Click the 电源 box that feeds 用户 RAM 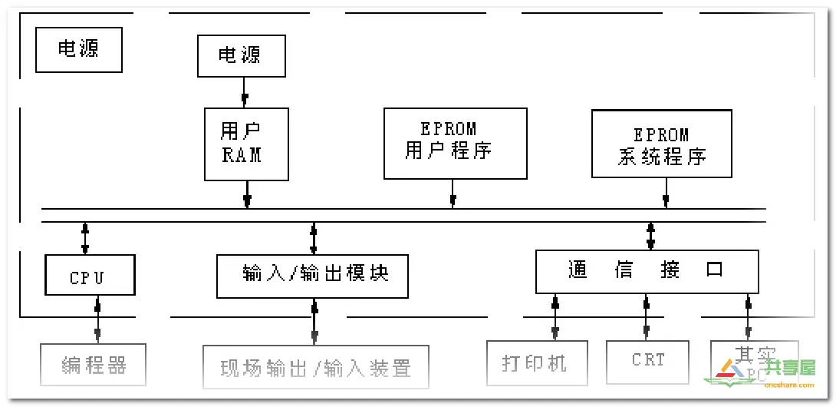(x=241, y=55)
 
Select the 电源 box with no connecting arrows (x=79, y=49)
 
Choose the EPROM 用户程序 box (x=455, y=143)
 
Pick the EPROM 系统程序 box (x=662, y=143)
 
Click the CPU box (x=90, y=275)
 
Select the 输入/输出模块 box (x=312, y=276)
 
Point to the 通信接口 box (x=647, y=271)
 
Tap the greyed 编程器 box (x=93, y=365)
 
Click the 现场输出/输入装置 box (x=315, y=367)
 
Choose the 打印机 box (x=537, y=362)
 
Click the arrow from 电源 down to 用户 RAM (x=245, y=92)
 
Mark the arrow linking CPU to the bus (x=85, y=238)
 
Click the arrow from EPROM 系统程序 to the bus (x=665, y=192)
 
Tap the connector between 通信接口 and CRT (x=646, y=317)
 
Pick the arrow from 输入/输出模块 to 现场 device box (x=314, y=322)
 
